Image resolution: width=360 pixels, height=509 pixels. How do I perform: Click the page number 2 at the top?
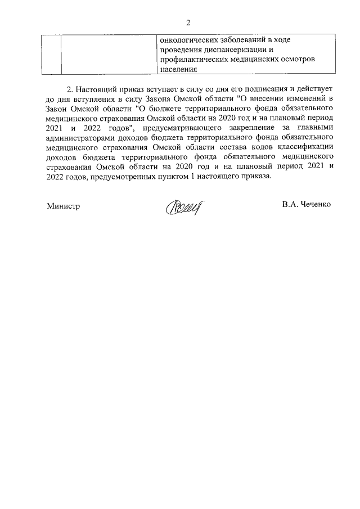pos(188,22)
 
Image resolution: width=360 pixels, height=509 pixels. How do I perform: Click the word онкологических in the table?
pos(188,40)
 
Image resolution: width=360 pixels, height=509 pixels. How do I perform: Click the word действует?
pos(314,89)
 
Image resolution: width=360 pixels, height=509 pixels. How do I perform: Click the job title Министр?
pos(63,206)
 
